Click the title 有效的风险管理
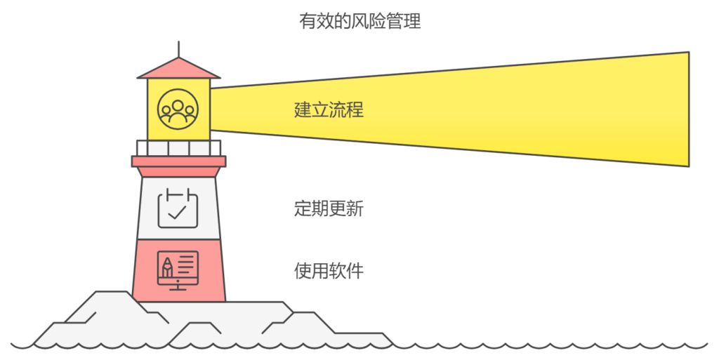[359, 22]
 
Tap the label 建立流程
[329, 110]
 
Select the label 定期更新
[329, 208]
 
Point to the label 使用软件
[329, 270]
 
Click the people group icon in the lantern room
[178, 109]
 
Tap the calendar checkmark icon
[178, 208]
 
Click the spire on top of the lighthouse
[178, 48]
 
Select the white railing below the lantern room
[178, 148]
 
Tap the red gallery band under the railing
[178, 161]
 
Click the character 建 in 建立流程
[303, 110]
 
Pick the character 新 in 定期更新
[355, 208]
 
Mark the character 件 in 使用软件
[355, 270]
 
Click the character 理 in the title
[412, 22]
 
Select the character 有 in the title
[307, 22]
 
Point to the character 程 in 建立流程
[355, 110]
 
